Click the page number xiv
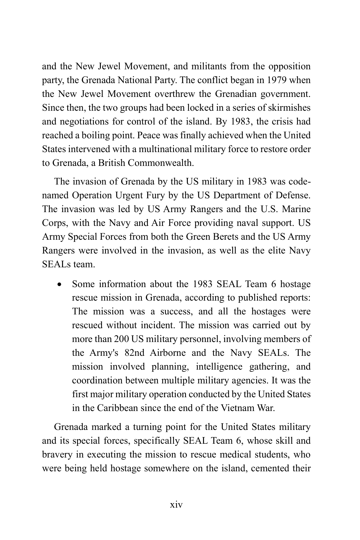pos(176,505)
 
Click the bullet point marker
pos(61,284)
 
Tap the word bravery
pos(57,454)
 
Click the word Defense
pos(292,195)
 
